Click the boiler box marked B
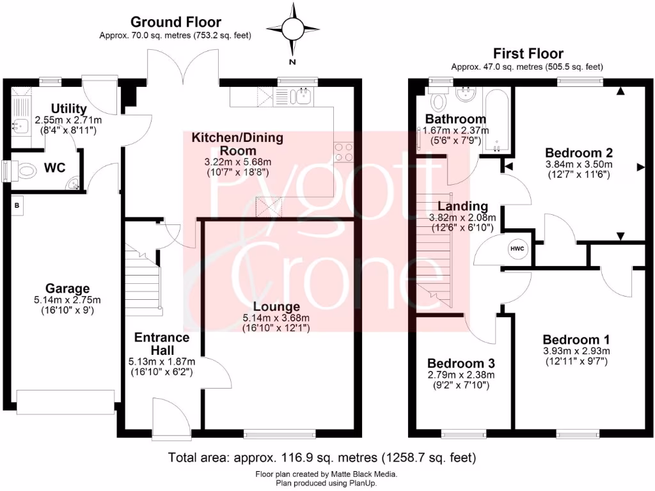click(x=17, y=206)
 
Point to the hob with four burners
click(x=343, y=152)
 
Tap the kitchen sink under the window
click(x=301, y=97)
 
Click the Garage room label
click(x=67, y=288)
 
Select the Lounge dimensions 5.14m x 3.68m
click(x=276, y=318)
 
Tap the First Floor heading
click(x=528, y=54)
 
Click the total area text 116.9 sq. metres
click(x=322, y=458)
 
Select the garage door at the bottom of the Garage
click(x=66, y=403)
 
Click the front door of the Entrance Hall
click(x=171, y=419)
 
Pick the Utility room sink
click(x=18, y=125)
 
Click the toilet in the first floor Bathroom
click(x=439, y=100)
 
